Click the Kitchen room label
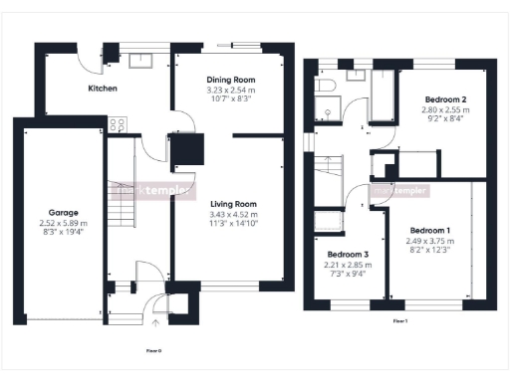(103, 89)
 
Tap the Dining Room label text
(231, 80)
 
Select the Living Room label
(231, 204)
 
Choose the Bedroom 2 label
(445, 99)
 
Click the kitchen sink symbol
(136, 57)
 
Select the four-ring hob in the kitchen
(116, 125)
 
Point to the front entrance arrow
(154, 322)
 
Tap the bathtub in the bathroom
(383, 96)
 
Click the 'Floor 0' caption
(153, 351)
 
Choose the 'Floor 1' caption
(398, 321)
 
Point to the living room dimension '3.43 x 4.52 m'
(231, 215)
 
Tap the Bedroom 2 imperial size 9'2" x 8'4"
(445, 120)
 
